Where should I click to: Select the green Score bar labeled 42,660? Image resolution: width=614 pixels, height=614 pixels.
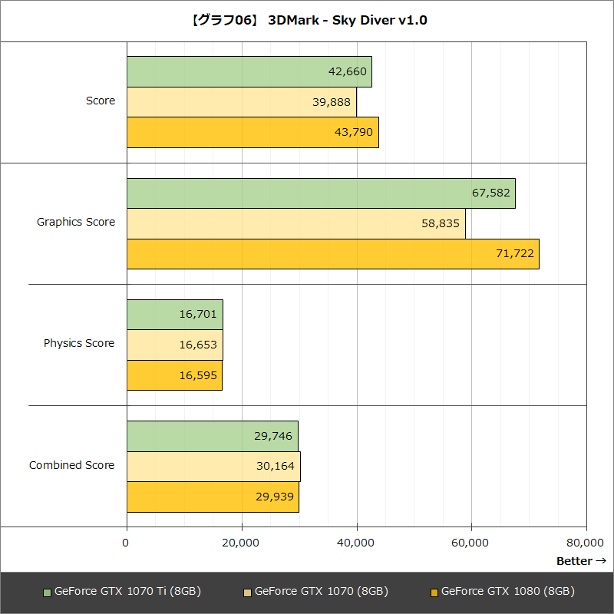click(x=249, y=71)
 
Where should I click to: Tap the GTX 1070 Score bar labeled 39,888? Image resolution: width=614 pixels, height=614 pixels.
click(x=241, y=102)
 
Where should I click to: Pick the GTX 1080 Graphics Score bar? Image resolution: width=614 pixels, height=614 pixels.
click(x=332, y=253)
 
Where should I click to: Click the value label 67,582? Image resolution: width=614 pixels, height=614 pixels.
click(x=491, y=193)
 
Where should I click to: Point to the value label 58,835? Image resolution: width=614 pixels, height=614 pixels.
click(x=441, y=223)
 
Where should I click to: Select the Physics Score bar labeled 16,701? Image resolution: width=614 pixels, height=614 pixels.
click(x=174, y=315)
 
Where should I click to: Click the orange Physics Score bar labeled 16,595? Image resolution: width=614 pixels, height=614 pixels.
click(x=174, y=375)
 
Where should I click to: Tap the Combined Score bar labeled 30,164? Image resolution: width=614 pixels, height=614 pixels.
click(x=213, y=466)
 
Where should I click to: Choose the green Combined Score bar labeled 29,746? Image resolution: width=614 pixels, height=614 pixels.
click(x=212, y=436)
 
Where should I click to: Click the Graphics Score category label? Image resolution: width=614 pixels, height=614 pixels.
click(x=76, y=222)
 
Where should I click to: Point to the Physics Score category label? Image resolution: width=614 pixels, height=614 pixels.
click(x=79, y=343)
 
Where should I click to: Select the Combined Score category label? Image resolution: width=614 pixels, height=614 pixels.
click(x=72, y=465)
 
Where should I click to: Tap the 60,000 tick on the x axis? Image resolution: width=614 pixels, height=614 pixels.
click(x=470, y=543)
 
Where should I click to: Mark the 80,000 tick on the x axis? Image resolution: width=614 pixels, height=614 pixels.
click(x=586, y=543)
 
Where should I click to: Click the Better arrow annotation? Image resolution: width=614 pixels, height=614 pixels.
click(x=581, y=561)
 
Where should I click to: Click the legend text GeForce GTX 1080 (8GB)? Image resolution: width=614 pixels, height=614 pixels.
click(x=508, y=592)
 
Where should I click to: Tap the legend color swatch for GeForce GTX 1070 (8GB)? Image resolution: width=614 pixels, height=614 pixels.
click(x=247, y=593)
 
